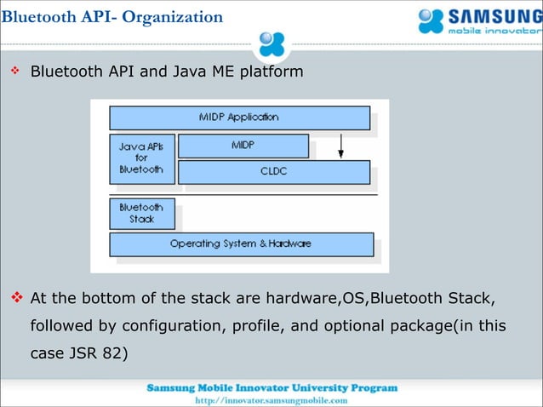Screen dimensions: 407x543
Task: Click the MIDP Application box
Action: [x=239, y=118]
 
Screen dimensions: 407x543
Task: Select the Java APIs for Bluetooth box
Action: [x=141, y=158]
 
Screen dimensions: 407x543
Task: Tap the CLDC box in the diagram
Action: [x=273, y=172]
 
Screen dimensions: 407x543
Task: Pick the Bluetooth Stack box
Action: [x=141, y=213]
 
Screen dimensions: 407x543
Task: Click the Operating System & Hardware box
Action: [x=241, y=244]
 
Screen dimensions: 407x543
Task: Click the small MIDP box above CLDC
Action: [x=243, y=146]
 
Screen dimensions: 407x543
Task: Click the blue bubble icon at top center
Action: [x=271, y=43]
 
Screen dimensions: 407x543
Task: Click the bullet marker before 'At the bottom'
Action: [x=14, y=299]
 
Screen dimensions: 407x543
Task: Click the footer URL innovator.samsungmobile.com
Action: [x=271, y=400]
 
